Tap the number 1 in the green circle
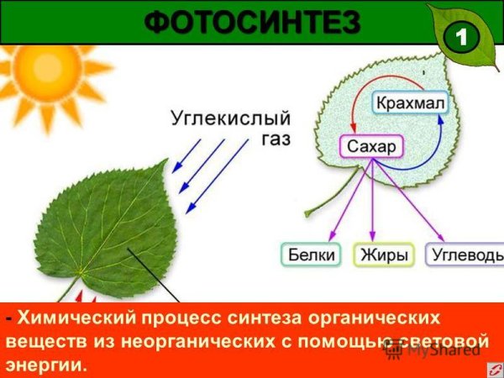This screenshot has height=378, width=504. point(460,37)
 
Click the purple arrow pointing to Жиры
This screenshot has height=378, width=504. point(371,202)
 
